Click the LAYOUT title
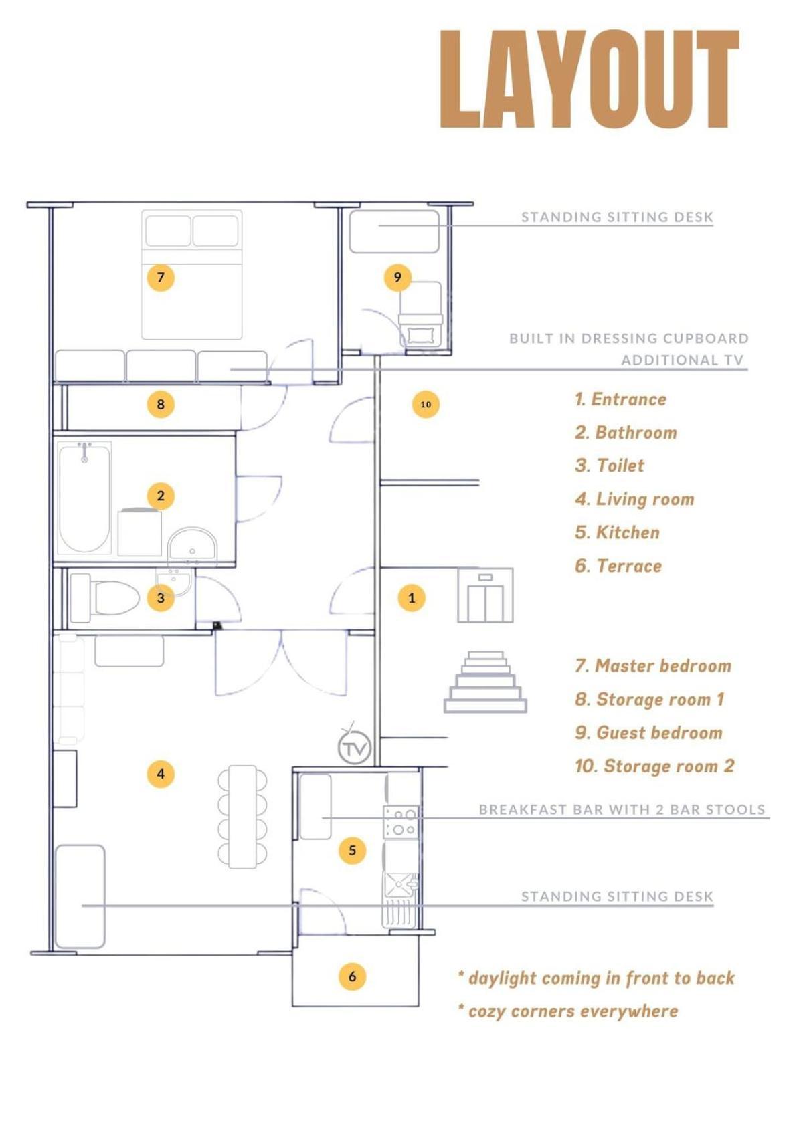[589, 79]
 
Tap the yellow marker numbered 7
[161, 277]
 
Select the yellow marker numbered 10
[426, 404]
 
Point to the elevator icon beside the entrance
[485, 595]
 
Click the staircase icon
[485, 682]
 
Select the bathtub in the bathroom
[84, 497]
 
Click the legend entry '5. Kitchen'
[618, 532]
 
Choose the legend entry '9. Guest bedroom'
[649, 732]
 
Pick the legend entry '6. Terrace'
[618, 565]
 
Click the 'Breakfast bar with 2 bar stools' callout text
[622, 809]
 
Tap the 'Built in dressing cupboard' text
[629, 338]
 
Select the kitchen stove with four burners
[401, 821]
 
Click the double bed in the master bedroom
[191, 275]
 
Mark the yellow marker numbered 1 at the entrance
[412, 597]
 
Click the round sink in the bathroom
[192, 544]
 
